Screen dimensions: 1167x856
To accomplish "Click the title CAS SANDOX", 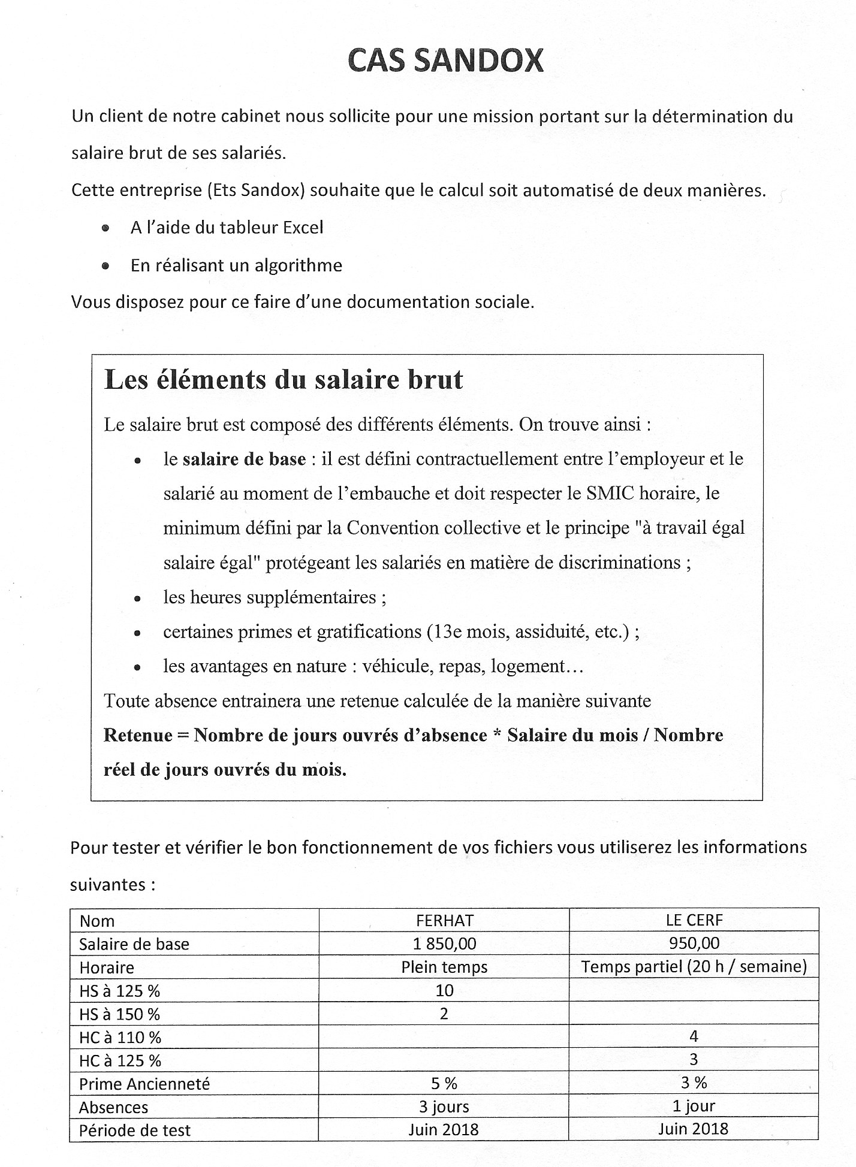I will coord(445,61).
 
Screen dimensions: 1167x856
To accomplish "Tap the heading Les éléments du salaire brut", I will coord(284,380).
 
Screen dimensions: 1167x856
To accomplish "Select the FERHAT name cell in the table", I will coord(444,920).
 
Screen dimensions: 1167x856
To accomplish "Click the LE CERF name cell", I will coord(694,920).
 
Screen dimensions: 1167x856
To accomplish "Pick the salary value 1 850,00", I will coord(444,944).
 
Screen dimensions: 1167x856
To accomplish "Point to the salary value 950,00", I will coord(694,944).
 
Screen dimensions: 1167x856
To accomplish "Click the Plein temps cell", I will coord(444,967).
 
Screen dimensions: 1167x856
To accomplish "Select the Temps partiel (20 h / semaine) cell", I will coord(694,967).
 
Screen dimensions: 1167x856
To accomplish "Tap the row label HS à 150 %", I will coord(119,1014).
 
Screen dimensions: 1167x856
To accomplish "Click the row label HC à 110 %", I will coord(120,1038).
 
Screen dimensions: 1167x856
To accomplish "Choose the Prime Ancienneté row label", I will coord(144,1084).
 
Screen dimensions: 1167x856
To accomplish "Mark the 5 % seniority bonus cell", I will coord(444,1083).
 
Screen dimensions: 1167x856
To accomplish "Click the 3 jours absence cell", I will coord(444,1107).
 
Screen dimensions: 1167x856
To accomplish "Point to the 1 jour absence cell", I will coord(694,1106).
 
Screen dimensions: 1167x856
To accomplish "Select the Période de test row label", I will coord(135,1130).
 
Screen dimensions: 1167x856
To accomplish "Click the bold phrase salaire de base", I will coord(244,459).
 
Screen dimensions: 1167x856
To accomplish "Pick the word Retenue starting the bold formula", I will coord(138,735).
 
